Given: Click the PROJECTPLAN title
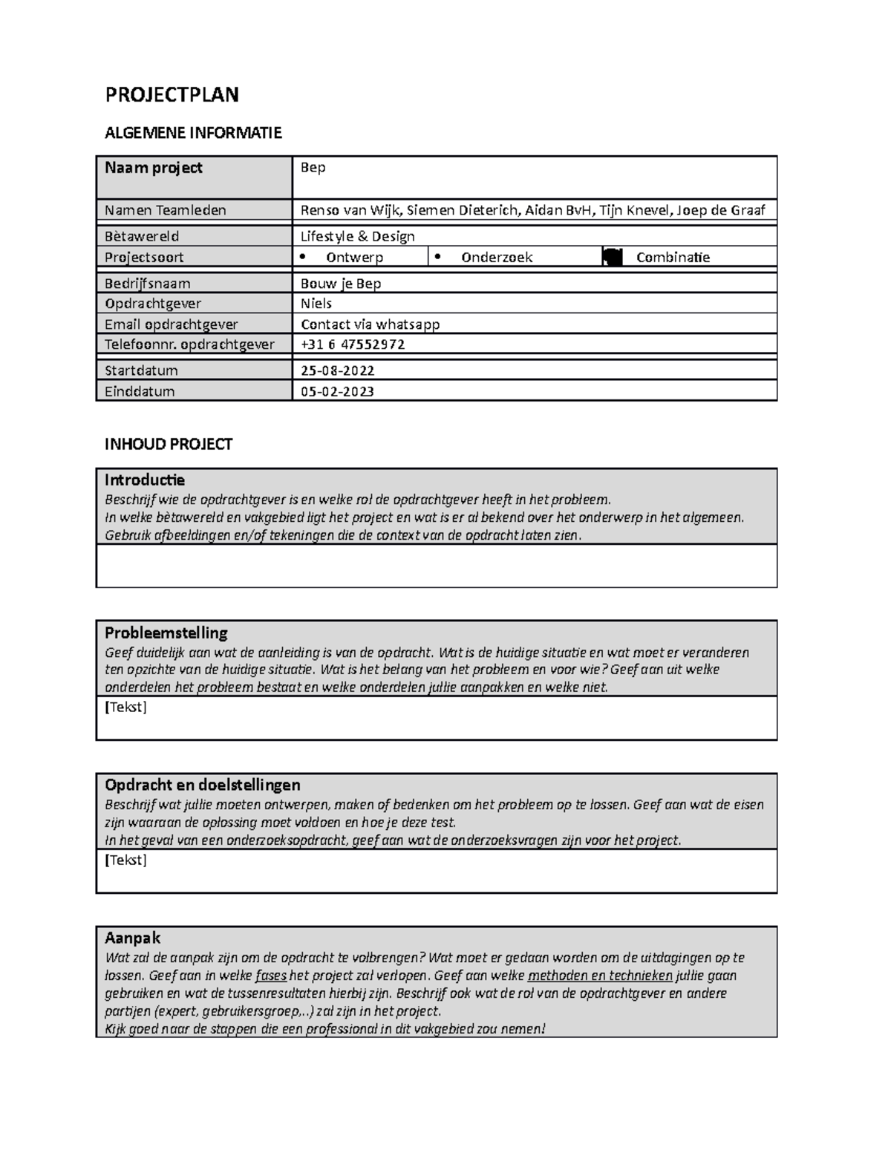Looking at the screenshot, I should point(172,95).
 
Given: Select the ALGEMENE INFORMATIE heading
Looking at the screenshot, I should point(193,133).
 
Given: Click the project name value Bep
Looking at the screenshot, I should point(313,168).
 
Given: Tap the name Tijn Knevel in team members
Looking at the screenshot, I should point(636,210).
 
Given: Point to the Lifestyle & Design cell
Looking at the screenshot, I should point(357,236).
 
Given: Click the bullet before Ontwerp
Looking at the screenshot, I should point(301,257).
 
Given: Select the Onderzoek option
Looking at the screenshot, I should point(496,258).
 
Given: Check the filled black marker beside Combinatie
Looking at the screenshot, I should point(612,258).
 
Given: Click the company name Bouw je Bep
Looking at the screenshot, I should point(340,284).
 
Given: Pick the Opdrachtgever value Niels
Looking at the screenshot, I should point(316,304).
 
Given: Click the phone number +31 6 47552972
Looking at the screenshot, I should point(352,344).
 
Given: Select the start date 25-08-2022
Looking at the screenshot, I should point(337,370).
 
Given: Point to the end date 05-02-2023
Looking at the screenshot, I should point(337,391).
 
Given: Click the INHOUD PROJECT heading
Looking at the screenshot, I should point(169,444).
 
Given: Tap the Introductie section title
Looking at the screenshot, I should point(145,480).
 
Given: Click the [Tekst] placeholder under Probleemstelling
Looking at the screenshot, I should point(125,707).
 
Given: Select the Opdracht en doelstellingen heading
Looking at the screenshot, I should point(202,785).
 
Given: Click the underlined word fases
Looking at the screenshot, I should point(270,976).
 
